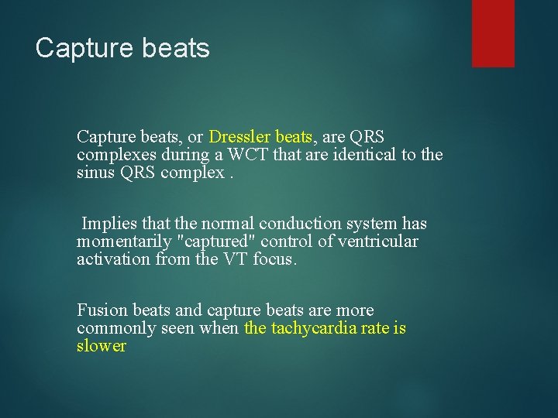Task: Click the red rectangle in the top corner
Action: click(493, 33)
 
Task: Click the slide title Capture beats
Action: click(122, 48)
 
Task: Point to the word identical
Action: click(363, 155)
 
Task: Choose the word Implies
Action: click(108, 224)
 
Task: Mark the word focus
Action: click(274, 259)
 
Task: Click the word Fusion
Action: click(102, 310)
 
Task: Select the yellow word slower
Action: click(101, 346)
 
